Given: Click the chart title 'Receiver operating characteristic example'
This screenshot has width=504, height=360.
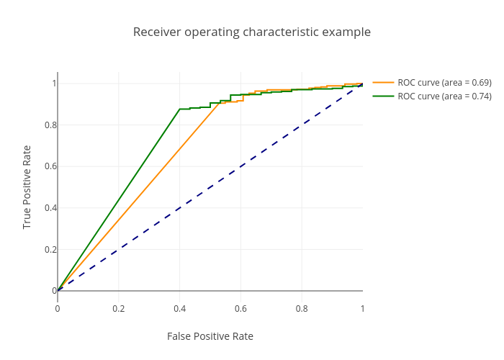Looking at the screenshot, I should pos(252,32).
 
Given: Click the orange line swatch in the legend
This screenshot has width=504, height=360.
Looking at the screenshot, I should pos(383,83).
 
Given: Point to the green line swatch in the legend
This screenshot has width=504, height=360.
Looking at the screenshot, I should pos(383,96).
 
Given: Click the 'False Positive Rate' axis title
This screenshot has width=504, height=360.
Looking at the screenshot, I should pos(210,336).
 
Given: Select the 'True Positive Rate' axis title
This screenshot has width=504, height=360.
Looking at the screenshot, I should pos(27,187).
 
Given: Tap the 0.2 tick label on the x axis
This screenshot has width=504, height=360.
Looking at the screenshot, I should pos(119,309).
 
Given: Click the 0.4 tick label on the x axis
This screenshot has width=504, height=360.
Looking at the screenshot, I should pos(180,309).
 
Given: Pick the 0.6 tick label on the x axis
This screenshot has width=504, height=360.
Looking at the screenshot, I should pos(240,309).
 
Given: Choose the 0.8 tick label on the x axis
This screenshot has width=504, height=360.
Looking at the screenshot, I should pos(302,309).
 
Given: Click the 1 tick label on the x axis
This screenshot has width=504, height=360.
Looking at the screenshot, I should pos(362,309).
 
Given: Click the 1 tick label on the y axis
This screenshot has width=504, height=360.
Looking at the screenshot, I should pos(53,84).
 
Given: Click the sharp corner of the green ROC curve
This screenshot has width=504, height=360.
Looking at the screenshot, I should pos(179,109).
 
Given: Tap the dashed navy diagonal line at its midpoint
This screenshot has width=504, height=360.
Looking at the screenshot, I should pos(210,187).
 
